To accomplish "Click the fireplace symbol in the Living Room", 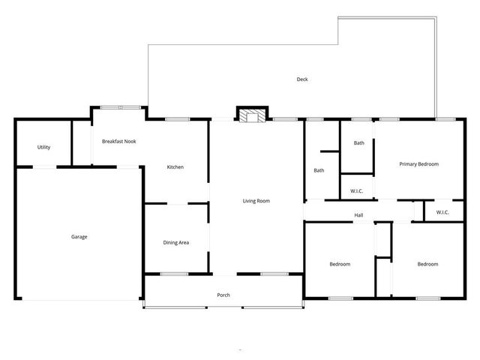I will click(x=251, y=115).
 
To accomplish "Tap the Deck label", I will click(x=302, y=79).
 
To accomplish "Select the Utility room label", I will click(x=43, y=147).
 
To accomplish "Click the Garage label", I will click(x=79, y=237).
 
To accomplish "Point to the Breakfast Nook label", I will click(x=119, y=141).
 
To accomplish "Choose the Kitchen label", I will click(x=175, y=167).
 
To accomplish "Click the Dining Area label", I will click(x=176, y=242).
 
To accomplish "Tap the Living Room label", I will click(x=256, y=201).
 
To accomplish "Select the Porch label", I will click(x=223, y=295).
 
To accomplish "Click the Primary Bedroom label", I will click(x=418, y=164).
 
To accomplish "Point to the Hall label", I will click(x=358, y=216).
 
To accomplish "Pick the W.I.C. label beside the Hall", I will click(x=442, y=212).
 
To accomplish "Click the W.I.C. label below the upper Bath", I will click(x=357, y=191).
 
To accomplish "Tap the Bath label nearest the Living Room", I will click(x=319, y=170).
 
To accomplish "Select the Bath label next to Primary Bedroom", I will click(x=359, y=142).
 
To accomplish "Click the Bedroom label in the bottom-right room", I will click(x=427, y=264).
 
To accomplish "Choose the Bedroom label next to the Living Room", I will click(x=340, y=264).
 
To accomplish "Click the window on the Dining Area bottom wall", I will click(x=175, y=274).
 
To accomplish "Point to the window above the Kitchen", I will click(x=177, y=119).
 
